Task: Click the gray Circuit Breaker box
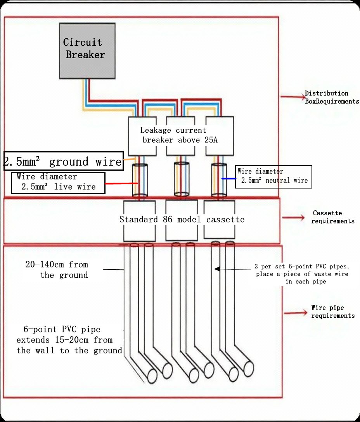pyautogui.click(x=87, y=50)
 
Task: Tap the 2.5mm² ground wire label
pyautogui.click(x=63, y=161)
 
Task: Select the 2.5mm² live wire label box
pyautogui.click(x=57, y=182)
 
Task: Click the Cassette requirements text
pyautogui.click(x=332, y=217)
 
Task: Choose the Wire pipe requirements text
pyautogui.click(x=332, y=311)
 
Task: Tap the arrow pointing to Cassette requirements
pyautogui.click(x=293, y=218)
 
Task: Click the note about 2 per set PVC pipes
pyautogui.click(x=301, y=274)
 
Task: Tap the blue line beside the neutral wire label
pyautogui.click(x=228, y=178)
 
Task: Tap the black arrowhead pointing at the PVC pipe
pyautogui.click(x=217, y=268)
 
